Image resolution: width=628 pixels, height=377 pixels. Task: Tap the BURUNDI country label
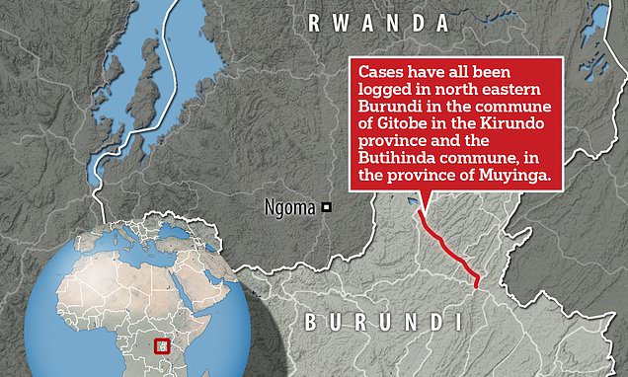click(x=381, y=322)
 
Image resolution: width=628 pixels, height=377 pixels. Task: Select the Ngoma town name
click(x=289, y=207)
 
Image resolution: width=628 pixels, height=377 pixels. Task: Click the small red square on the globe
click(x=166, y=346)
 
